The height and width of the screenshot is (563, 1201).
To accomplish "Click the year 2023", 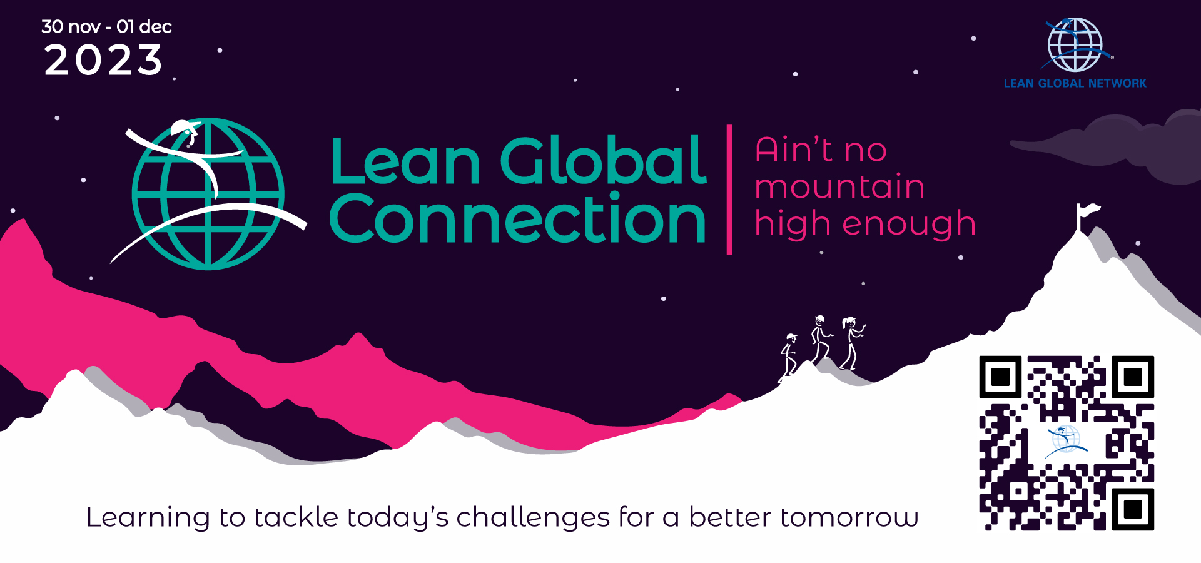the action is [103, 61].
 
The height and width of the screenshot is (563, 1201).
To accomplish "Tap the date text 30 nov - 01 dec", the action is [106, 26].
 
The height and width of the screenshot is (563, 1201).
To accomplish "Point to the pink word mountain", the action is [839, 187].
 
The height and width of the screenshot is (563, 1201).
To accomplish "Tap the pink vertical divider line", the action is [729, 190].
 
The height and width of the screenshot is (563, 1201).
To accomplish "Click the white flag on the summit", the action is [1087, 213].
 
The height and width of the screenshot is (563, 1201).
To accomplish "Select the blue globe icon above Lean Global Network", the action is [1075, 44].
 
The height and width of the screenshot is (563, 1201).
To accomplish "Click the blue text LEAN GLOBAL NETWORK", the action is [1075, 83].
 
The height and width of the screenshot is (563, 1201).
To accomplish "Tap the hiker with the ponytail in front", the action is [852, 343].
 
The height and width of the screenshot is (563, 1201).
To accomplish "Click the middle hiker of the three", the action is [820, 339].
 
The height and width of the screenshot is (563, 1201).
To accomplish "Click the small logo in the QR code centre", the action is [1067, 441].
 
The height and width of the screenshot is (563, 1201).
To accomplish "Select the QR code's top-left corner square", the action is [1001, 377].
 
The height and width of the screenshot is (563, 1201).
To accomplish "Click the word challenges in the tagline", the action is [532, 518].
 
